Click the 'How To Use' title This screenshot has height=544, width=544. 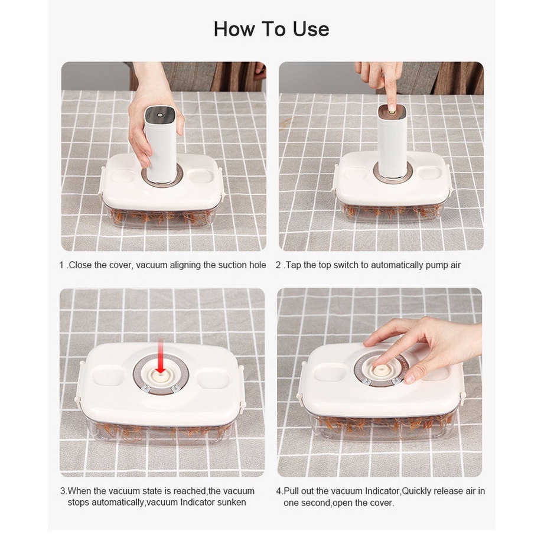pyautogui.click(x=271, y=29)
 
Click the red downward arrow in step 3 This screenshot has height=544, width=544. pyautogui.click(x=160, y=356)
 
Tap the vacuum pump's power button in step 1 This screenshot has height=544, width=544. pyautogui.click(x=160, y=115)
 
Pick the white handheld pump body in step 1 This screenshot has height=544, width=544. pyautogui.click(x=160, y=144)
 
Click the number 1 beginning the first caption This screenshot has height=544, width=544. pyautogui.click(x=62, y=265)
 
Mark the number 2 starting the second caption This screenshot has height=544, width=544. pyautogui.click(x=278, y=265)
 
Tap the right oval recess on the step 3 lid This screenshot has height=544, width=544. pyautogui.click(x=211, y=379)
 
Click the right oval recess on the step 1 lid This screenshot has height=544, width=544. pyautogui.click(x=201, y=175)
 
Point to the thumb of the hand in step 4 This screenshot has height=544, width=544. pyautogui.click(x=418, y=370)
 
